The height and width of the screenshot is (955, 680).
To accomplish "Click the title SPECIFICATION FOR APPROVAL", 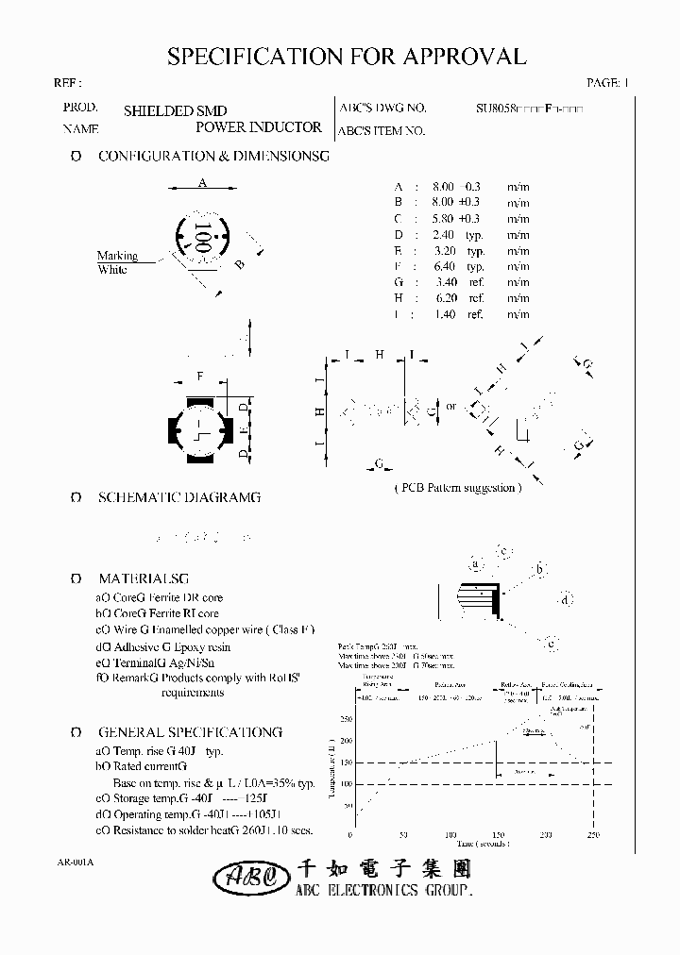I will [x=346, y=57].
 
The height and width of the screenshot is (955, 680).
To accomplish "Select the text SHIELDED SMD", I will [x=175, y=110].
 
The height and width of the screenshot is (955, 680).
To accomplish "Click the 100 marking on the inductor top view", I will [x=200, y=236].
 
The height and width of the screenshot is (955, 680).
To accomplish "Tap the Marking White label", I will [x=116, y=262].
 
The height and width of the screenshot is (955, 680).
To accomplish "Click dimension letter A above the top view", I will [x=202, y=184].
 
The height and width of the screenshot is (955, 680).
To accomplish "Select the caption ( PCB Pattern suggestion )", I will [x=456, y=488].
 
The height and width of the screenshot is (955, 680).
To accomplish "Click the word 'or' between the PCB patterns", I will [x=451, y=407].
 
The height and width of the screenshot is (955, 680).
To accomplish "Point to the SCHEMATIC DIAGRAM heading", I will [x=178, y=497].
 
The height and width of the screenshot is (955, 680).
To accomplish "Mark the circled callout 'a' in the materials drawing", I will [x=476, y=563].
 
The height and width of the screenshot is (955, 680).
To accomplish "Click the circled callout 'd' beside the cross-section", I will [x=564, y=600].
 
